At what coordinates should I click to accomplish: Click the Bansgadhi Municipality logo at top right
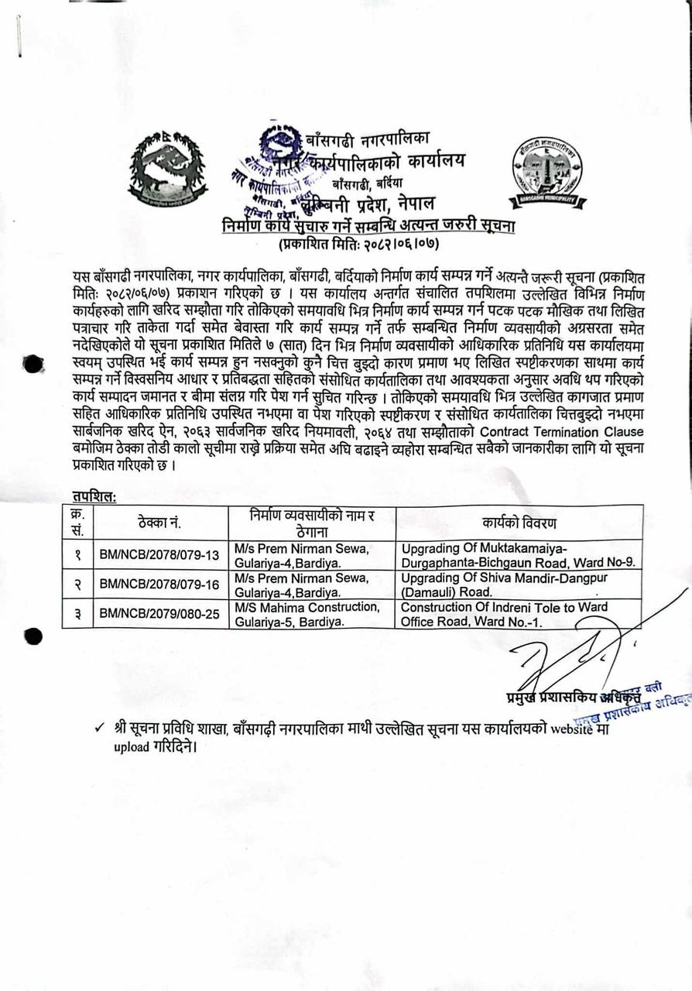tap(547, 172)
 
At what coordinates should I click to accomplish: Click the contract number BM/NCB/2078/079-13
tap(159, 555)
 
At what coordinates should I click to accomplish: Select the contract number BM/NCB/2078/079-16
tap(159, 585)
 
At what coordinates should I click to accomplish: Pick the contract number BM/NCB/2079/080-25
tap(159, 614)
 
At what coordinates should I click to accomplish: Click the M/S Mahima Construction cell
tap(308, 614)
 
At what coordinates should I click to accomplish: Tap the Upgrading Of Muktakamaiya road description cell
tap(518, 555)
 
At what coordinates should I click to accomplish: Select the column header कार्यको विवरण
tap(518, 523)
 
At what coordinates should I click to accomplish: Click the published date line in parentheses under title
tap(358, 244)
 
